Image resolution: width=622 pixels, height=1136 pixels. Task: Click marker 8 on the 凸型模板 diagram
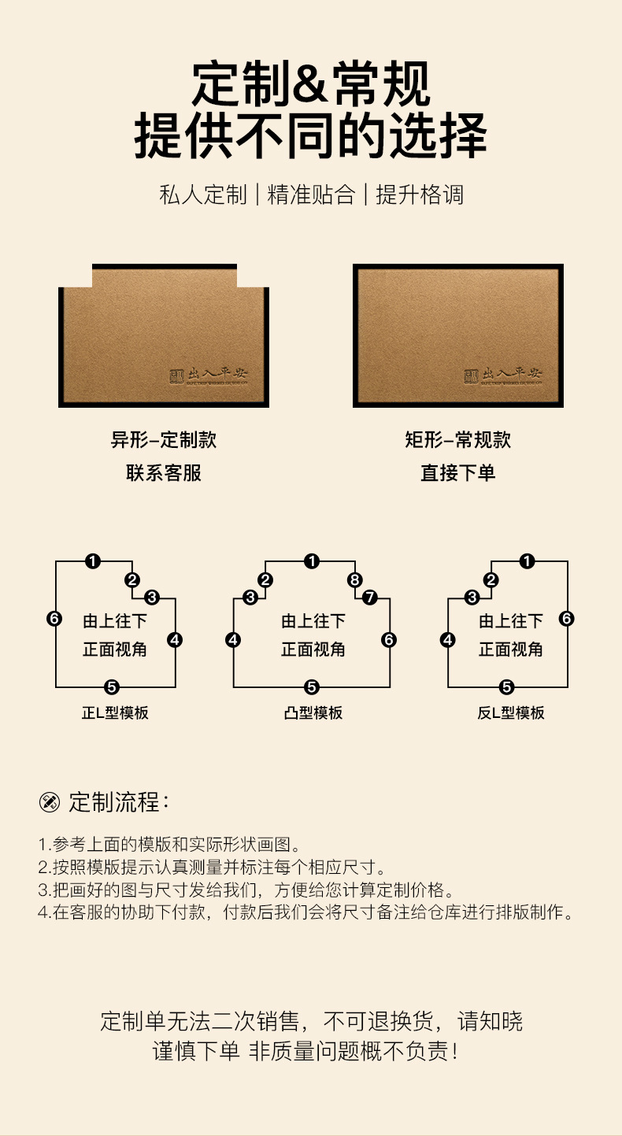click(354, 580)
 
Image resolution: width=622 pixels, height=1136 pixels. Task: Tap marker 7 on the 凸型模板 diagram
click(370, 598)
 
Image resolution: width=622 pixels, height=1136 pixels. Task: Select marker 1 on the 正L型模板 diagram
click(93, 561)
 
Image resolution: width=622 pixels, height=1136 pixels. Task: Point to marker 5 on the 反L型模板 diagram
click(506, 687)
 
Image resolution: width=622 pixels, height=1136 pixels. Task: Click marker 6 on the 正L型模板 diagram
click(54, 619)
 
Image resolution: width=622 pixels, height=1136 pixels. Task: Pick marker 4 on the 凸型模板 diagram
click(233, 640)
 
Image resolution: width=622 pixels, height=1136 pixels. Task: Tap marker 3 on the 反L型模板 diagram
click(472, 598)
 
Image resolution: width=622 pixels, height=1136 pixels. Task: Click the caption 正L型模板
click(115, 713)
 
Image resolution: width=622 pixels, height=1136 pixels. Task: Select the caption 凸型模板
click(313, 713)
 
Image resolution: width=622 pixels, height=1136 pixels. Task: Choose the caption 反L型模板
click(511, 713)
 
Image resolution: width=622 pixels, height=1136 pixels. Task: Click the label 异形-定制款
click(164, 439)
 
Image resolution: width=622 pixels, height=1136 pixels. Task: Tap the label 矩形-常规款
click(458, 439)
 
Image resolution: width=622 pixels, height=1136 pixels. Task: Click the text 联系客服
click(164, 473)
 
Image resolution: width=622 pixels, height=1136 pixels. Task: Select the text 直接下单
click(458, 473)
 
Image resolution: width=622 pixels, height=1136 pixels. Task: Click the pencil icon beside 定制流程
click(50, 803)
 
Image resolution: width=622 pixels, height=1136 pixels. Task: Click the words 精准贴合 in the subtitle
click(311, 195)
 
